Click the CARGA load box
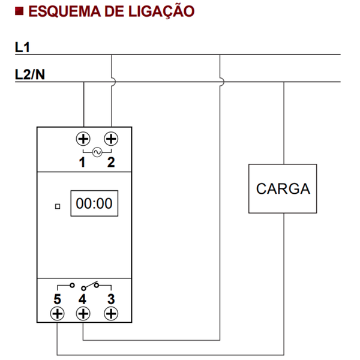(283, 188)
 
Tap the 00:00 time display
(94, 204)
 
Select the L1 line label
(23, 46)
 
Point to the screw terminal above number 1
(83, 139)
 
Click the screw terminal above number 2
(111, 139)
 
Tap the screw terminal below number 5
(57, 313)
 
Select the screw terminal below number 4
(83, 313)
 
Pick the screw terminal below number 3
(110, 313)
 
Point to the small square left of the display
(58, 206)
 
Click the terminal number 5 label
(57, 298)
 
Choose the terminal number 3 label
(110, 298)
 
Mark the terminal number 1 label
(82, 162)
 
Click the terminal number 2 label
(111, 162)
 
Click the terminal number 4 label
(83, 298)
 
